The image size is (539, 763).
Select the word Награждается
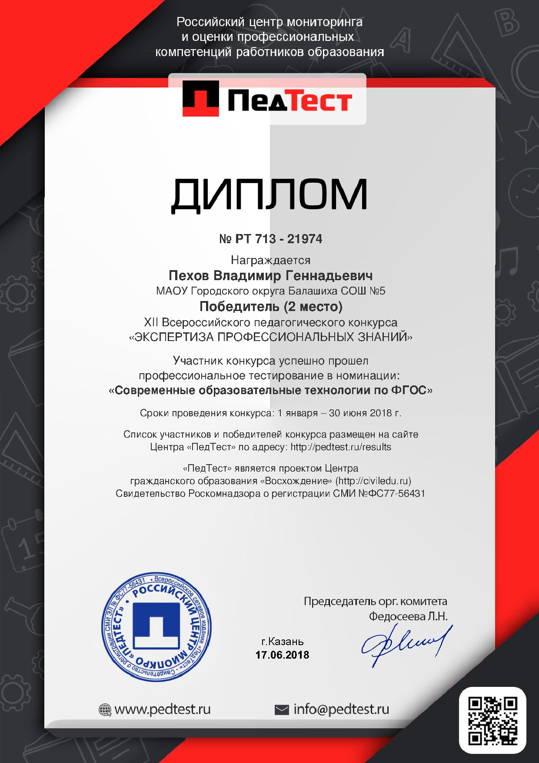point(270,260)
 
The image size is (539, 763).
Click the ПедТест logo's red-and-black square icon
point(201,100)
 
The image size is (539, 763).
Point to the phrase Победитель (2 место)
point(270,307)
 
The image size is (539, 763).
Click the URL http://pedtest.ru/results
point(341,447)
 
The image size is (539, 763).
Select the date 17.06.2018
point(282,655)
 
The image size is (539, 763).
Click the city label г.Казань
point(283,642)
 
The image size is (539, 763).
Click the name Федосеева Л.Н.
point(408,616)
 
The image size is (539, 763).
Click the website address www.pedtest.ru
point(162,709)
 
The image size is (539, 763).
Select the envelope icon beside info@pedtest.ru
point(282,710)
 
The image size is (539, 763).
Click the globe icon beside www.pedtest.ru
point(105,710)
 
